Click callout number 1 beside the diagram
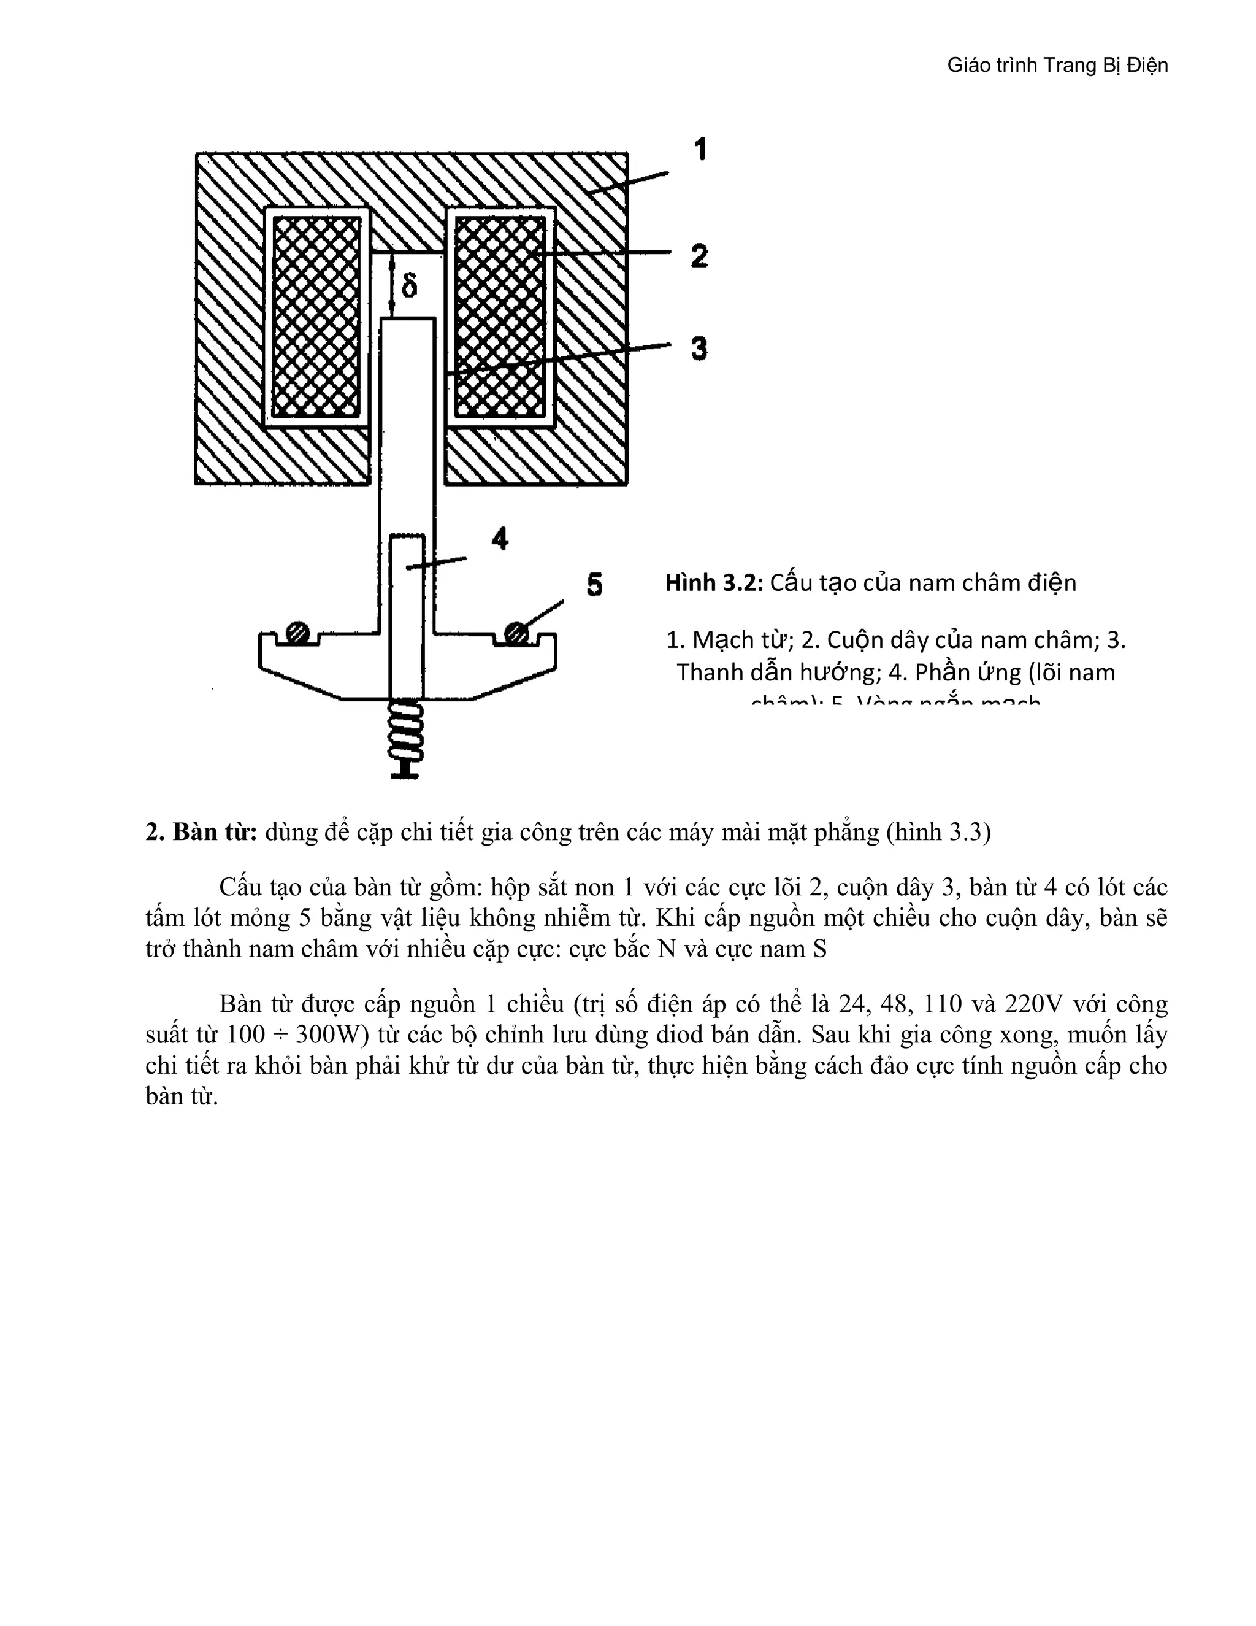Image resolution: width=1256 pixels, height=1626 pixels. (x=699, y=150)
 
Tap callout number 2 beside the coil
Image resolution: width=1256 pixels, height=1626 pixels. (x=699, y=256)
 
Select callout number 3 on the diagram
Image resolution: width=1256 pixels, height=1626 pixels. (x=699, y=349)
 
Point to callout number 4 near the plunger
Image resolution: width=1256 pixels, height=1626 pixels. (x=500, y=538)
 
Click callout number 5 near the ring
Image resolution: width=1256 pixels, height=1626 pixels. (x=594, y=584)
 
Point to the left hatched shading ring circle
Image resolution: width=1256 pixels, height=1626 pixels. (x=297, y=632)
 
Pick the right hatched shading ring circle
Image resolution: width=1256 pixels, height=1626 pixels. (x=516, y=634)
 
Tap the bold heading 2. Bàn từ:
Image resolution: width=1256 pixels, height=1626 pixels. (x=202, y=831)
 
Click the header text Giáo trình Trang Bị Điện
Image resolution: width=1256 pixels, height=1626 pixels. (x=1057, y=66)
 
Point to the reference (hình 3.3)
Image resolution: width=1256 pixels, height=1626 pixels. (x=938, y=831)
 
